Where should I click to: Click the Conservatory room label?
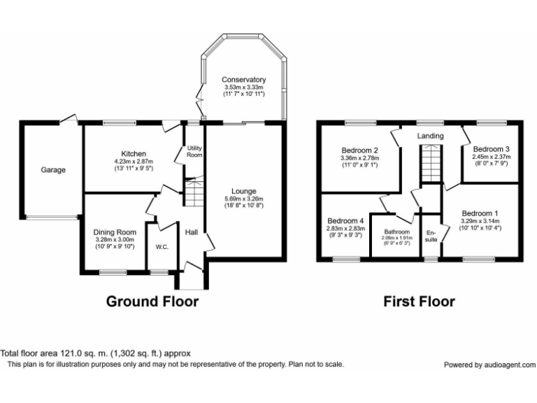[x=243, y=80]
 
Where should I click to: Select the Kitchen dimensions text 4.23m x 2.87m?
[x=133, y=162]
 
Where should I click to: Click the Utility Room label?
[x=194, y=151]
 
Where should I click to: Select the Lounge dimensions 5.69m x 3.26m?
[x=245, y=199]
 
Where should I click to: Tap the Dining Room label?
[x=115, y=232]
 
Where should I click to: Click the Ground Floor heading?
[x=152, y=302]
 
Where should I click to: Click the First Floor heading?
[x=419, y=302]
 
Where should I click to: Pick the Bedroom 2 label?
[x=360, y=150]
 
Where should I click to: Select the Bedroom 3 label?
[x=490, y=149]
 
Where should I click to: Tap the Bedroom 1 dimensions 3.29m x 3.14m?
[x=480, y=221]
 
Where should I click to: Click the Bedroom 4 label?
[x=346, y=220]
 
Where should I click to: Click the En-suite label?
[x=431, y=236]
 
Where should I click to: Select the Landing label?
[x=431, y=136]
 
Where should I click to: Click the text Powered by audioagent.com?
[x=489, y=365]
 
